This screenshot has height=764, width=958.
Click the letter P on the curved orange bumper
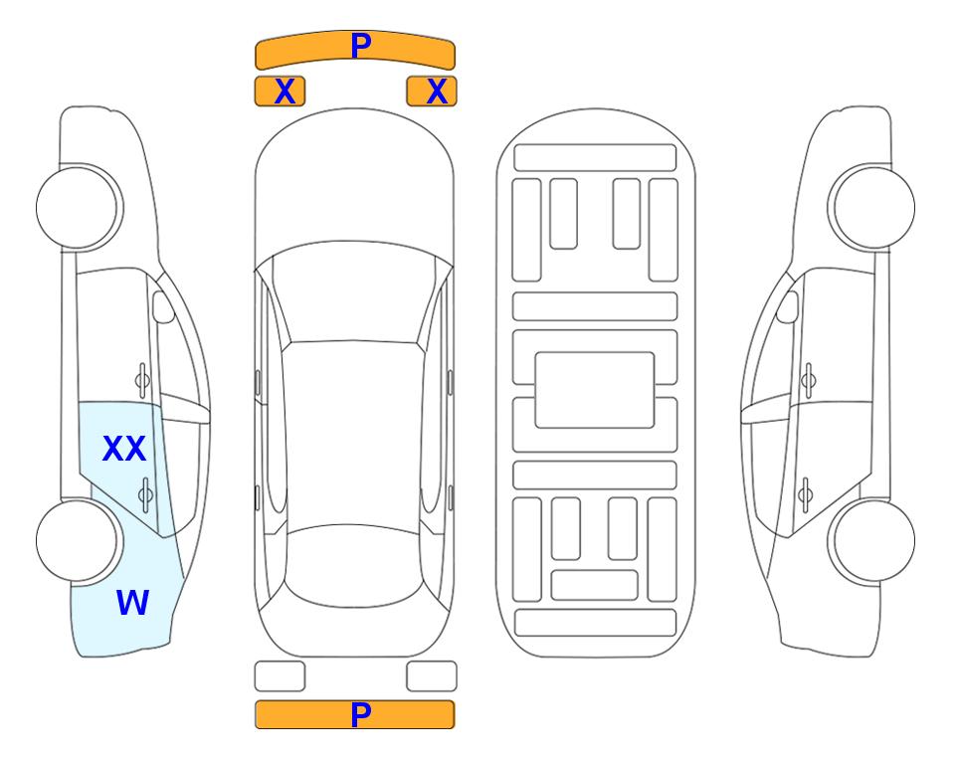point(361,46)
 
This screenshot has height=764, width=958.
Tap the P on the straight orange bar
point(361,714)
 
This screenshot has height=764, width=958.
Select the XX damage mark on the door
point(124,448)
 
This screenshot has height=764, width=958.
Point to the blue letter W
point(132,602)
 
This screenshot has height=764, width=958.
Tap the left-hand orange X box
point(280,92)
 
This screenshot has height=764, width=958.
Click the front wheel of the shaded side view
point(80,207)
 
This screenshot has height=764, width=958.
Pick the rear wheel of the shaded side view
point(80,540)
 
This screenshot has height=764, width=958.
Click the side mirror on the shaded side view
point(162,306)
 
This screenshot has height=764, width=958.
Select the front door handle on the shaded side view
point(142,380)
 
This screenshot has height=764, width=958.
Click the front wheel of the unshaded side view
point(871,207)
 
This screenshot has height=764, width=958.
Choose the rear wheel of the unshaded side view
point(871,540)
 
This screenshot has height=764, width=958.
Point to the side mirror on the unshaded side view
point(788,306)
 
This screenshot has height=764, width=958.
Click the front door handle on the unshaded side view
point(809,380)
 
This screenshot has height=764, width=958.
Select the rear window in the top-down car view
point(354,565)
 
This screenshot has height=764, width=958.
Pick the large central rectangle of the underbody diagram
point(595,390)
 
